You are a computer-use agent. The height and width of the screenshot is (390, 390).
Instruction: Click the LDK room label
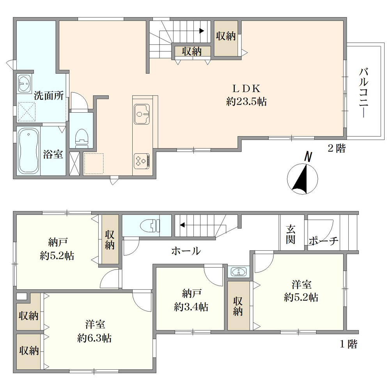coord(246,89)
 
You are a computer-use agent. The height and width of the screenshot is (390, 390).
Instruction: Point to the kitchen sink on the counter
coord(142,114)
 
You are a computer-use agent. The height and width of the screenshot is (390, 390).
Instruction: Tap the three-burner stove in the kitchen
coord(142,161)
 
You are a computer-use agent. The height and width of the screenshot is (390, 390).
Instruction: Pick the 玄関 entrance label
coord(291,234)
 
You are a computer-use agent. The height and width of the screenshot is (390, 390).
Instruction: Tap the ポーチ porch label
coord(324,241)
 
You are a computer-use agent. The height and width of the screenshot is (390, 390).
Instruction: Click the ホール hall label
coord(186,251)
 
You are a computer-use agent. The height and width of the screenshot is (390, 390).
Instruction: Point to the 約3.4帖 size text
coord(191,307)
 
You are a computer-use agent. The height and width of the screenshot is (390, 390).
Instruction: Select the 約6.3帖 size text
coord(94,338)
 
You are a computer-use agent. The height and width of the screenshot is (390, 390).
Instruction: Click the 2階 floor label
coord(337,149)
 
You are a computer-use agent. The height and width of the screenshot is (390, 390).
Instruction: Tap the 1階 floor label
coord(348,344)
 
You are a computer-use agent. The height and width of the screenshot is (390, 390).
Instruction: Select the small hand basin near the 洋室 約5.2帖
coord(239,271)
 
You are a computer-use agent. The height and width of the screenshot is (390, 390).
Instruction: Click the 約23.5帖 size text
coord(246,102)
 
